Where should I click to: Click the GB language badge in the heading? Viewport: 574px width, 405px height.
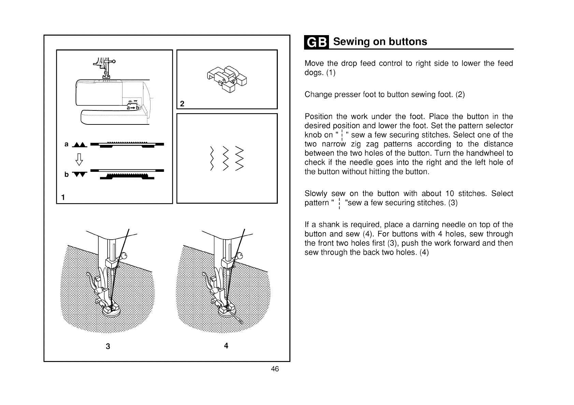(316, 42)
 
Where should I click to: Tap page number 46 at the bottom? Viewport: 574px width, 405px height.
(275, 369)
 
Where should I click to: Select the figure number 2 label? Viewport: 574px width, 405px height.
(182, 104)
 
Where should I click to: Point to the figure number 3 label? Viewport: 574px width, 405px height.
(108, 347)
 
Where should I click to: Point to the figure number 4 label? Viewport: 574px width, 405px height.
(226, 346)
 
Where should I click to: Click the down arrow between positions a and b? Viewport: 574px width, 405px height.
(78, 159)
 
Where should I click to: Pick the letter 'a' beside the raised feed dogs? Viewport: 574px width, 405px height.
(66, 144)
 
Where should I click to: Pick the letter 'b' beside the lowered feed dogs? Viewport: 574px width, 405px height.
(66, 175)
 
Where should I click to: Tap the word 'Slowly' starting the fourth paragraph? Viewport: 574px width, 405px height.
(315, 194)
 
